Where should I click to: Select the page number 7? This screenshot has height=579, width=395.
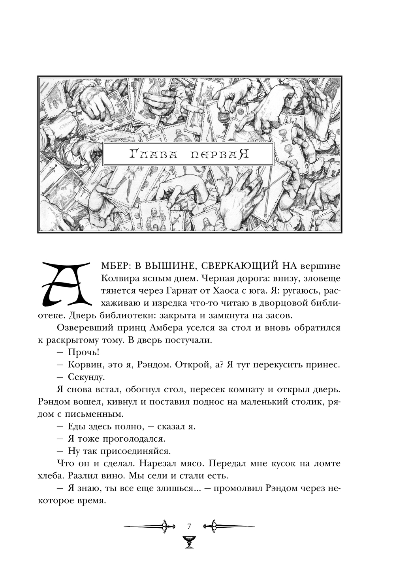click(x=189, y=526)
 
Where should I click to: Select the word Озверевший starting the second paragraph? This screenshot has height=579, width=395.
click(x=82, y=328)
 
